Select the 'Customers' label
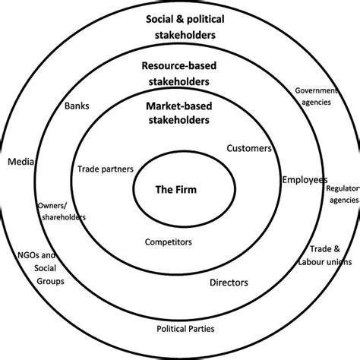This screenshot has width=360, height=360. (249, 149)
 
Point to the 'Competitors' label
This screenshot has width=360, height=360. (168, 242)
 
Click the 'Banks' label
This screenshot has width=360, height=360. (77, 106)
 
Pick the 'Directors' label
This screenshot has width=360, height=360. (229, 283)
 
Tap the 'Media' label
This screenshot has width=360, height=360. (18, 162)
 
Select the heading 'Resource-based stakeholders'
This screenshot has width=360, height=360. (180, 74)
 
